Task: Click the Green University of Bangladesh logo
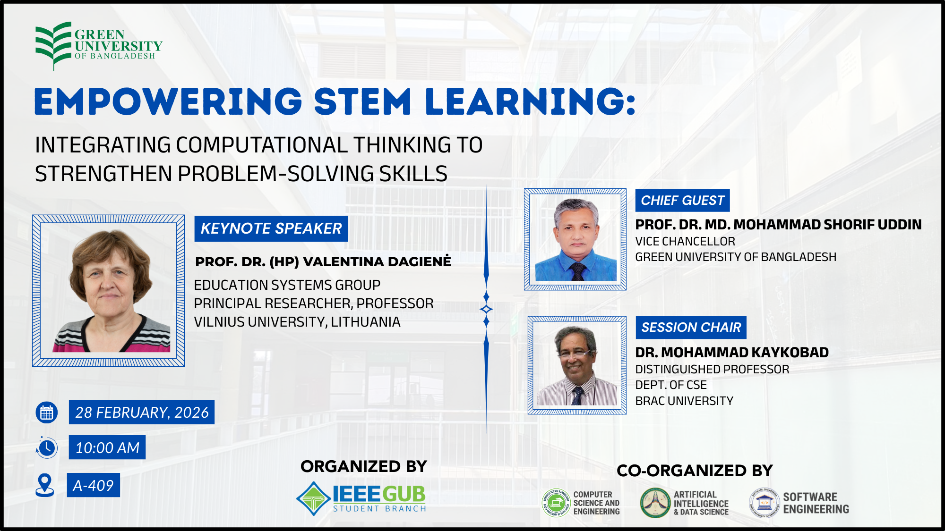98,46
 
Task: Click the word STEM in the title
362,102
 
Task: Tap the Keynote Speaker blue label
271,229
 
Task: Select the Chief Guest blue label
682,201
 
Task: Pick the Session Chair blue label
691,328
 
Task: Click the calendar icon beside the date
47,413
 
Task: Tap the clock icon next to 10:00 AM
47,448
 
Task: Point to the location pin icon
45,485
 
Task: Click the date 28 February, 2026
142,413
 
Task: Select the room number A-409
93,485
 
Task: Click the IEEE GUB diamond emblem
313,498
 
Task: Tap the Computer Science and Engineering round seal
556,503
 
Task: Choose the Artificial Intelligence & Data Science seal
655,503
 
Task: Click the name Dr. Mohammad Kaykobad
731,353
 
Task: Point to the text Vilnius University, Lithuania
297,322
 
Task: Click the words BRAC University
684,401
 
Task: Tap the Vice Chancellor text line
685,242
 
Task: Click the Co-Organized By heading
695,471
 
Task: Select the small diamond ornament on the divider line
486,310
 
